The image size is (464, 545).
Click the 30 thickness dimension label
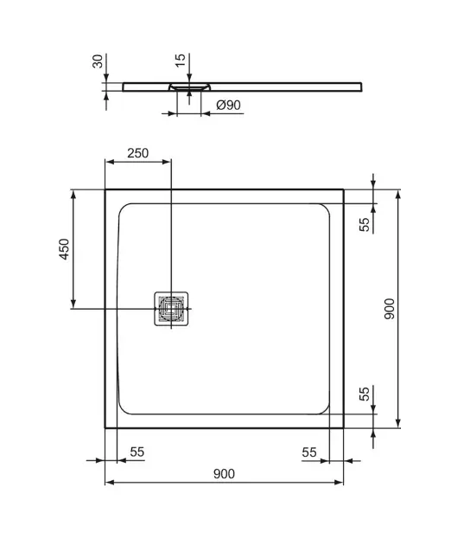click(x=99, y=61)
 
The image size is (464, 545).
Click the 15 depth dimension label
click(x=181, y=61)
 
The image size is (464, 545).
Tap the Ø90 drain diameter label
click(x=228, y=105)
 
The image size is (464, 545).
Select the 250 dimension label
click(x=137, y=153)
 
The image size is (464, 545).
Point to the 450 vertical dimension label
click(x=64, y=249)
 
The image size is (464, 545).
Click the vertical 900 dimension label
click(x=390, y=309)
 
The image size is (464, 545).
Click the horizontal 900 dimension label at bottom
click(x=224, y=473)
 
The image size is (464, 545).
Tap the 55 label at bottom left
click(x=137, y=452)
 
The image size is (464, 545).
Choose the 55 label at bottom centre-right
click(x=309, y=452)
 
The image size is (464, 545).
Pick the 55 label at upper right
click(x=365, y=225)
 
